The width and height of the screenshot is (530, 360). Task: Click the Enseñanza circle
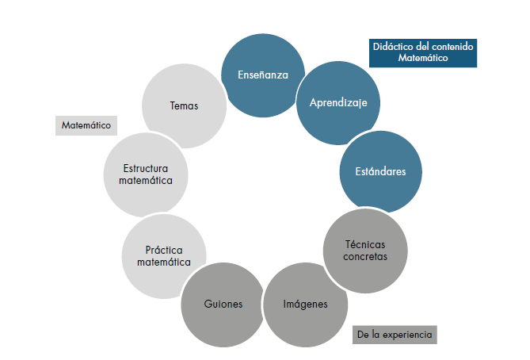[x=262, y=75]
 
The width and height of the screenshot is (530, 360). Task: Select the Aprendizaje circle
[x=338, y=103]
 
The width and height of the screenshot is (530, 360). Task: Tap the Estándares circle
[x=379, y=171]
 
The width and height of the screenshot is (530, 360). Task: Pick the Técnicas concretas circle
[x=366, y=251]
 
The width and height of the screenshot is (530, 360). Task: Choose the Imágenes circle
[x=305, y=304]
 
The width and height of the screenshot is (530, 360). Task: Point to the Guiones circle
[x=223, y=304]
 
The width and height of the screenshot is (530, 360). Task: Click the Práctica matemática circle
[x=164, y=256]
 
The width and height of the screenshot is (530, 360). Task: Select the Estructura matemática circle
[x=147, y=174]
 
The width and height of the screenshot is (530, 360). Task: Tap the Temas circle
[x=184, y=105]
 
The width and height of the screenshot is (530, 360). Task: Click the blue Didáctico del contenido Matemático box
[x=423, y=52]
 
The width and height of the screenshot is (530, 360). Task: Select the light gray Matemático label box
[x=86, y=125]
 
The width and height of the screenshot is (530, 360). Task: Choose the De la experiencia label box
[x=395, y=335]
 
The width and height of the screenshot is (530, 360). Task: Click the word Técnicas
[x=366, y=244]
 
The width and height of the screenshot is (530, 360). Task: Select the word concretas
[x=366, y=257]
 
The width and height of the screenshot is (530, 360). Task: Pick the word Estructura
[x=147, y=168]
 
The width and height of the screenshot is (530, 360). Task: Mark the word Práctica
[x=164, y=250]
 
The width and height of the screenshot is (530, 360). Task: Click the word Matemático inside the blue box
[x=423, y=58]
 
